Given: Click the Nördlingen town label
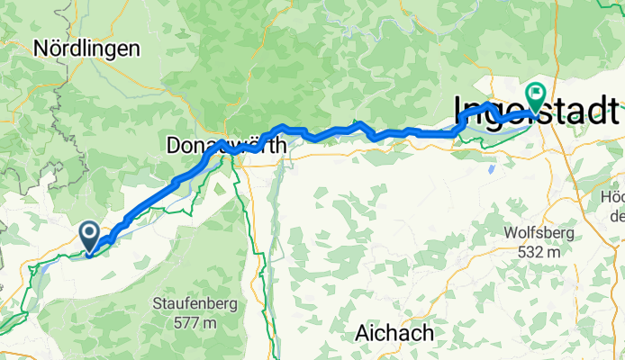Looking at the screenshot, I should tap(87, 49).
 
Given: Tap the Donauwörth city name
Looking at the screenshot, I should tap(227, 144).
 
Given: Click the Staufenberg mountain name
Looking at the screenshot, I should tap(195, 303).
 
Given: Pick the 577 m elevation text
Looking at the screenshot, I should tap(195, 322).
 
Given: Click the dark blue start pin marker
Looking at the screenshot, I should tap(91, 236).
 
